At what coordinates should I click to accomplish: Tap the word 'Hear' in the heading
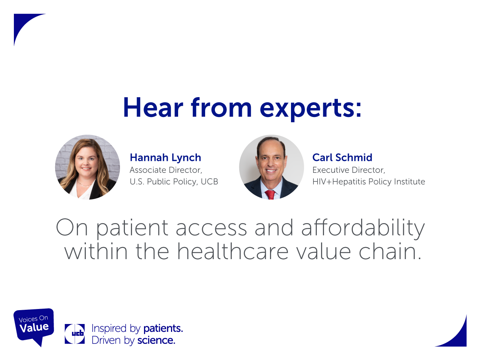153,107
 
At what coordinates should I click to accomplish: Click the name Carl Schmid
342,157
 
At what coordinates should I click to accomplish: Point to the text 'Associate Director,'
166,170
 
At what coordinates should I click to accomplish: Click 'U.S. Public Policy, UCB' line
174,181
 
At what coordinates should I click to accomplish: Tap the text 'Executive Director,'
349,170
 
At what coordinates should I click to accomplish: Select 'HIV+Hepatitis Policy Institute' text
369,181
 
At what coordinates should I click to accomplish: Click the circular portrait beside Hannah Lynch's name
87,167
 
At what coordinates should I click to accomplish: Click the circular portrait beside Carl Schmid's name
271,167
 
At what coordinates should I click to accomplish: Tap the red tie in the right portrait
270,195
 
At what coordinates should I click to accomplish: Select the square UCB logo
75,334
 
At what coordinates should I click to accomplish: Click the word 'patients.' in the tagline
163,328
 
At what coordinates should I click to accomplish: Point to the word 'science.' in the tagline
156,340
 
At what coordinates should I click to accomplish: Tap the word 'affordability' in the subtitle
363,228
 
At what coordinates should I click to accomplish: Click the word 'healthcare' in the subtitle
232,251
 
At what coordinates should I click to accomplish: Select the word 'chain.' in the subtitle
390,251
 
